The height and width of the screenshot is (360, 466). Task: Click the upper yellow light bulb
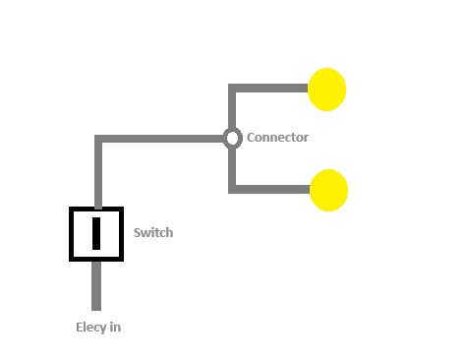pos(327,90)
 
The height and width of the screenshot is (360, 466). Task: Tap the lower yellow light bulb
pos(328,190)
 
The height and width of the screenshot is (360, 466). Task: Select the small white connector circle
pos(232,138)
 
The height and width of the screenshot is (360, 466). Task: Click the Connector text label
pos(277,138)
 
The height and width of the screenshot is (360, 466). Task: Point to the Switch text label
pos(153,233)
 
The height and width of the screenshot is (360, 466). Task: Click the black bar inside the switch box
pos(96,233)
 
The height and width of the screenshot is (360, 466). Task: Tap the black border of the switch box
pos(72,234)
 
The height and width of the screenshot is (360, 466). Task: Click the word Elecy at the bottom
pos(91,328)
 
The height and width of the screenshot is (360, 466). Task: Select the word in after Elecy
pos(115,328)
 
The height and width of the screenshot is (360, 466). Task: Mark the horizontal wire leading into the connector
pos(162,139)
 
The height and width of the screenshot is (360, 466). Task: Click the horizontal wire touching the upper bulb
pos(270,89)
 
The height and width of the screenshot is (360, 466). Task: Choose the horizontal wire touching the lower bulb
pos(270,189)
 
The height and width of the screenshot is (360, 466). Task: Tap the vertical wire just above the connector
pos(233,110)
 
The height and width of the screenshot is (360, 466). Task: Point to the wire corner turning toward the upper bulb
pos(233,89)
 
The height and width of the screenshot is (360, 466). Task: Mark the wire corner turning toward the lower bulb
pos(233,189)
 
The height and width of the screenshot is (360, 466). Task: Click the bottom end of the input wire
pos(96,306)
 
